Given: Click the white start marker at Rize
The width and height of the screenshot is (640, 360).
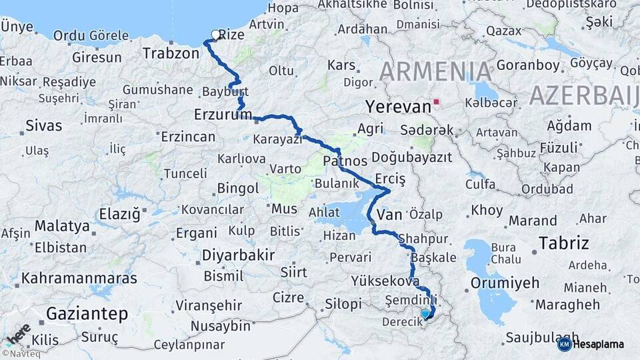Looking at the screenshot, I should tap(215, 35).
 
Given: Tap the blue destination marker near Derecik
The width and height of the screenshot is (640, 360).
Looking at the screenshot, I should tap(425, 313).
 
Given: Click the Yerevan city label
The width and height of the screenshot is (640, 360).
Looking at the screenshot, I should tap(399, 107).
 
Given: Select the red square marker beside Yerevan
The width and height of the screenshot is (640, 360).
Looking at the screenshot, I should tap(437, 102).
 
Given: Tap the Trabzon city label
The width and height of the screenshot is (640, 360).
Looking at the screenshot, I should tap(171, 53).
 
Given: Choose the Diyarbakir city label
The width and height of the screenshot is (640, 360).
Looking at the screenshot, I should tap(238, 255).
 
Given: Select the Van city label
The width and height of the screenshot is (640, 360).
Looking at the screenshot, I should tap(389, 215).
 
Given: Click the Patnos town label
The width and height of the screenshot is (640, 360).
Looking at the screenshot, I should tap(345, 161).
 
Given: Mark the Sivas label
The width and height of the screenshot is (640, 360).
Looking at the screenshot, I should tap(43, 125).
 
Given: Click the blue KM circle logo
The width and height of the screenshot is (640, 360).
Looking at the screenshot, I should tap(564, 344).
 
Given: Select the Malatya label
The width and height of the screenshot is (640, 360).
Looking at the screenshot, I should tap(62, 226).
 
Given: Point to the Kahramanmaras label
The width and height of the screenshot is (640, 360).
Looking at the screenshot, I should tap(79, 278).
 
